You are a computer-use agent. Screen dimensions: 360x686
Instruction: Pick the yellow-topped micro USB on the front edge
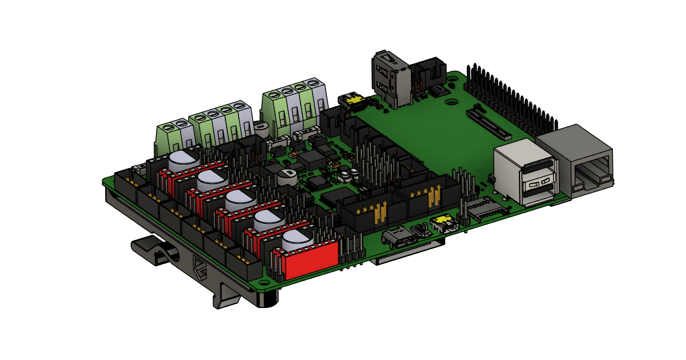442,223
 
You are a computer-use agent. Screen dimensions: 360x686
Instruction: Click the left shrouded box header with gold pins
368,211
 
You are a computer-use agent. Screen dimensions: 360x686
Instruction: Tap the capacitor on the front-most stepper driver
298,239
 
